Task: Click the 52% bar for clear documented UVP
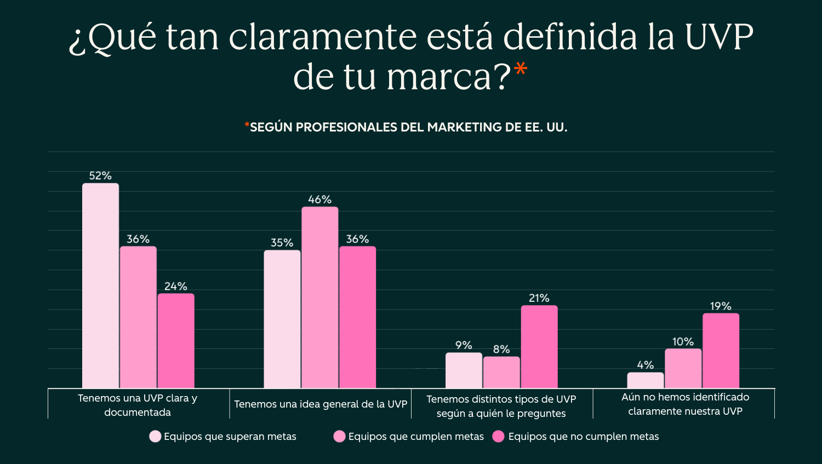(100, 285)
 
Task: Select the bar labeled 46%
(319, 297)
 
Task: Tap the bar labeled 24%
(176, 341)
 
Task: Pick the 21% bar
(539, 347)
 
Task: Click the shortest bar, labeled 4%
(645, 380)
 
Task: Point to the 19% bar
(721, 351)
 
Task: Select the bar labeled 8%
(501, 373)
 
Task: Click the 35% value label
(282, 243)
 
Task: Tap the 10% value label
(683, 342)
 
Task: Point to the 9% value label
(464, 345)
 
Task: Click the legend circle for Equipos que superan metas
(155, 437)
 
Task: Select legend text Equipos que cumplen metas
(416, 437)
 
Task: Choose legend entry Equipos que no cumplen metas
(583, 437)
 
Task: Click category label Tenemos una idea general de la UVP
(321, 404)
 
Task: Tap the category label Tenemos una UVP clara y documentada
(138, 405)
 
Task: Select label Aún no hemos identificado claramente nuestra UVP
(685, 404)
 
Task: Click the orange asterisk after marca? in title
(521, 70)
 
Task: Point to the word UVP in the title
(719, 37)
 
